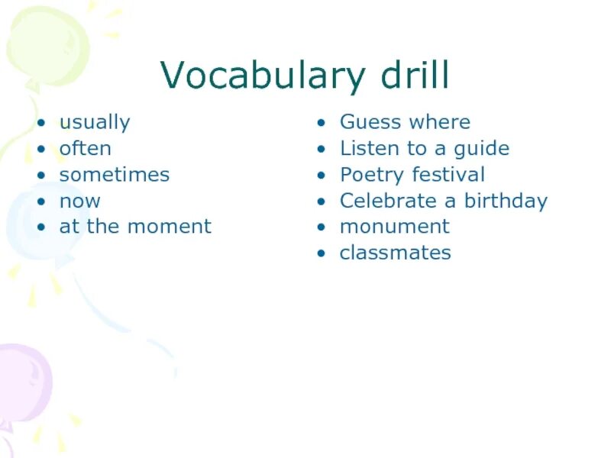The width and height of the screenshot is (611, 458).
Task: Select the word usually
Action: click(x=95, y=123)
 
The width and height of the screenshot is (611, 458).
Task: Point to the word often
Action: click(x=85, y=148)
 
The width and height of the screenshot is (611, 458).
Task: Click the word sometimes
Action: click(x=115, y=175)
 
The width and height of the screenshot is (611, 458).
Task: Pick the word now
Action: click(x=79, y=202)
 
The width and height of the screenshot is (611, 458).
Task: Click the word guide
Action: click(x=481, y=149)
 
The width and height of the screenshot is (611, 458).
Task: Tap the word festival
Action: click(x=448, y=175)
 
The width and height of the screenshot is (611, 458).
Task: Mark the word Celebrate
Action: click(x=386, y=202)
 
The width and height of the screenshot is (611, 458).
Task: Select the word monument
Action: click(x=394, y=227)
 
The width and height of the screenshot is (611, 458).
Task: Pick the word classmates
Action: click(x=395, y=253)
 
